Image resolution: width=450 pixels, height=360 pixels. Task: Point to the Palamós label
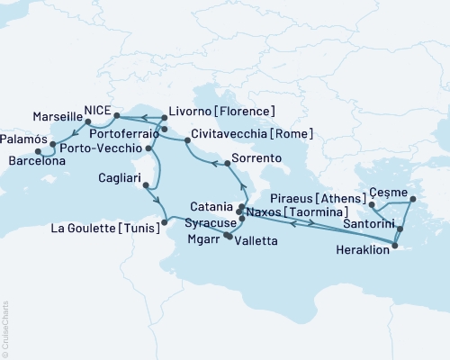(x=23, y=140)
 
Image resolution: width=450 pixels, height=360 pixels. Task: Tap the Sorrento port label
(x=257, y=158)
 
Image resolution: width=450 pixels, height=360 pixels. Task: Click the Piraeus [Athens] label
(x=317, y=195)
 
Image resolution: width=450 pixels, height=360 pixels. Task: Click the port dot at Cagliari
(x=146, y=187)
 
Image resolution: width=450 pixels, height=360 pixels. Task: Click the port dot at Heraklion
(x=395, y=243)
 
